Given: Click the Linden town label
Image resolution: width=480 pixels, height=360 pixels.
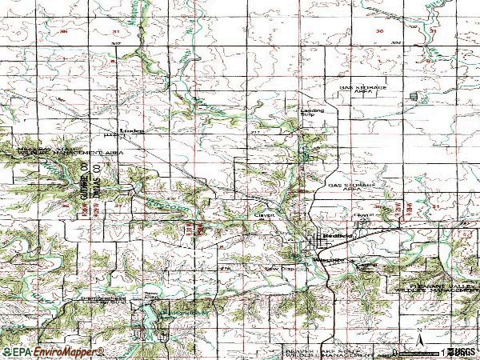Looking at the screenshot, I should pos(130,129).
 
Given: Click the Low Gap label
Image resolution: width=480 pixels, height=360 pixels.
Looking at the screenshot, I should pos(274,270).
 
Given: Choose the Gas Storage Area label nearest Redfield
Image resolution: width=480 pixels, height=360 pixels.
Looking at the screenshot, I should pos(351,186).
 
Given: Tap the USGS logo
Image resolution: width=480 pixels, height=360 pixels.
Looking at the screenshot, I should pos(462,351).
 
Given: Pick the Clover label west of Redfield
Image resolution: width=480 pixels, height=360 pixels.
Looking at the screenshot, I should pos(265,215).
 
